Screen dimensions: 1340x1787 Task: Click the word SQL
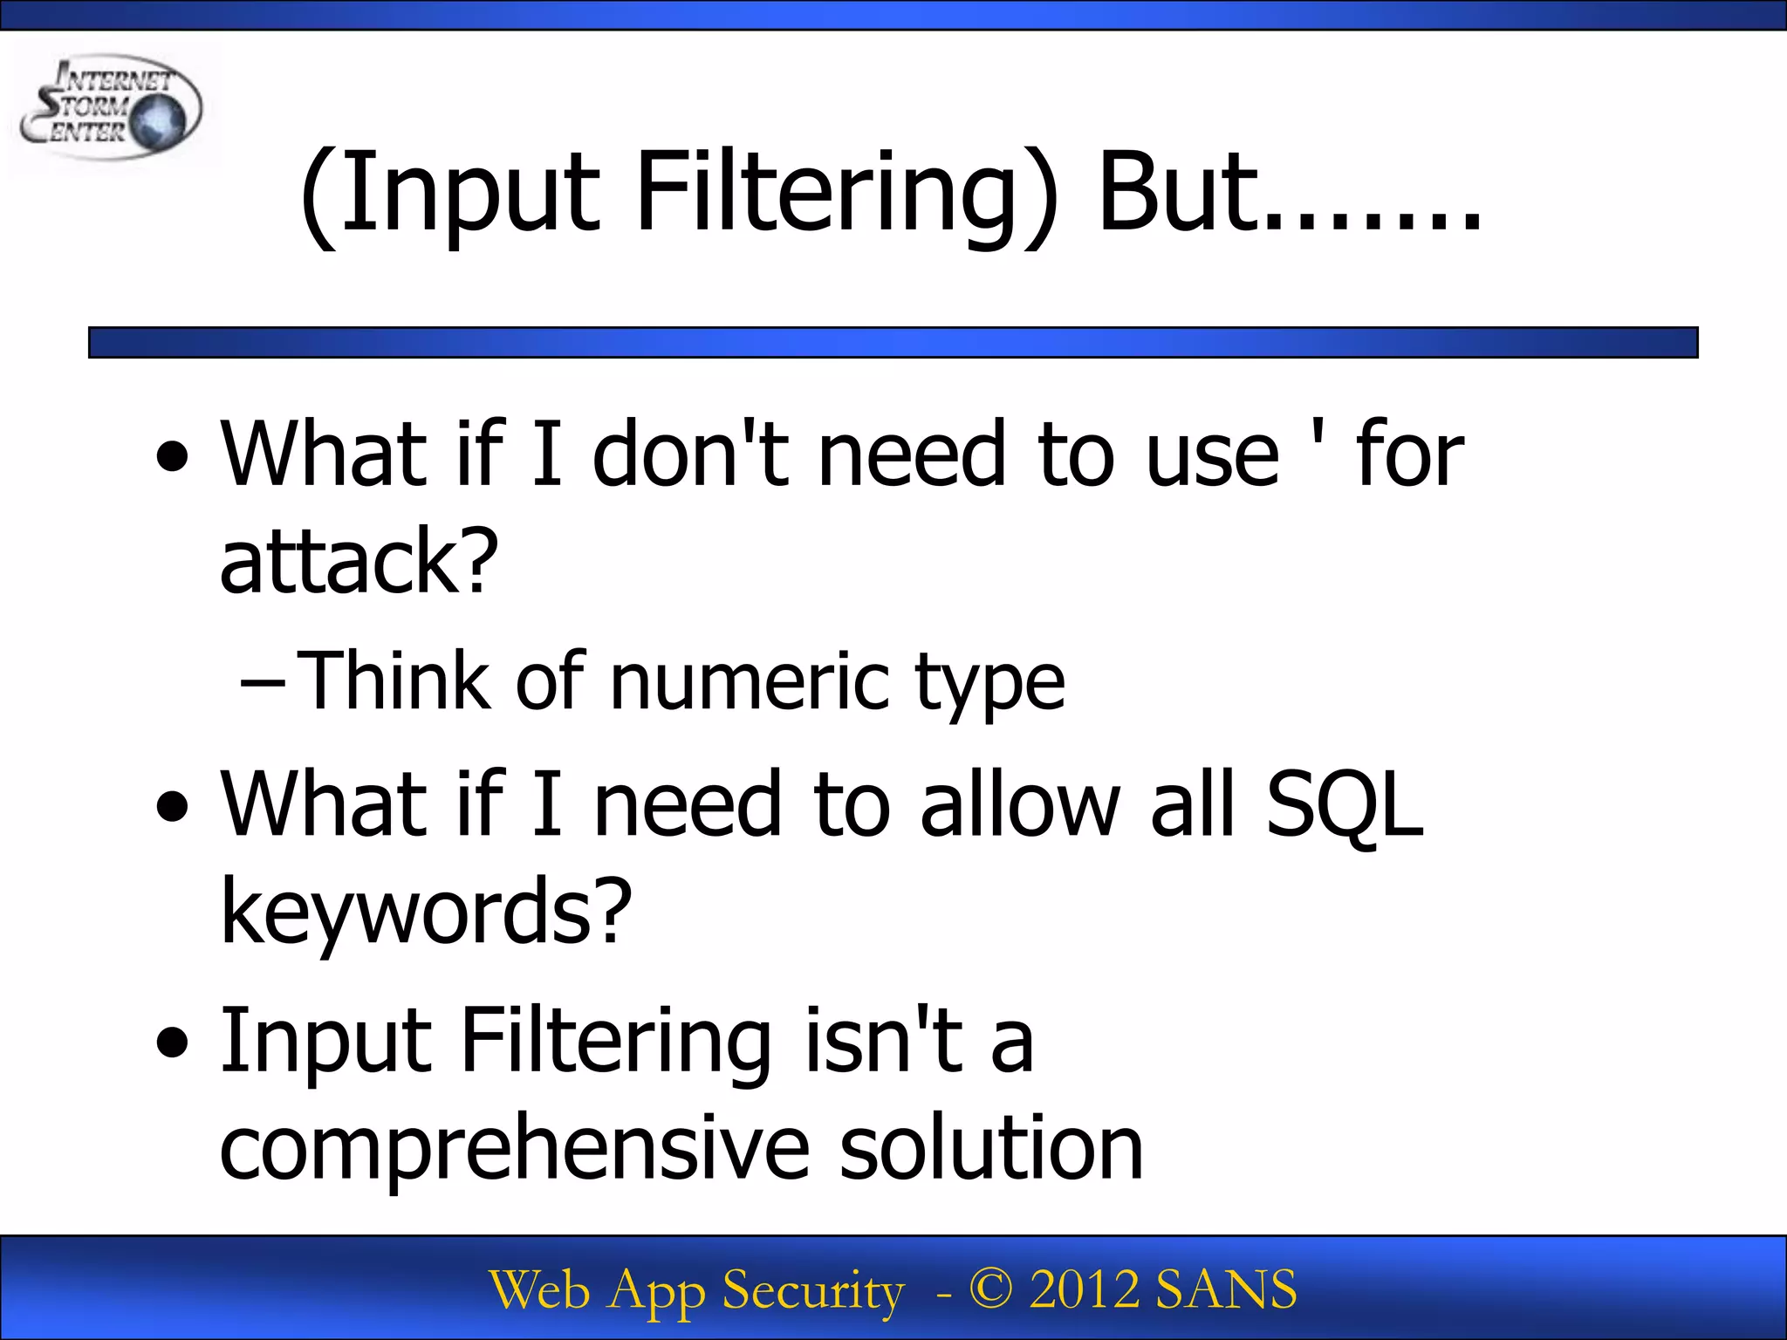pyautogui.click(x=1344, y=804)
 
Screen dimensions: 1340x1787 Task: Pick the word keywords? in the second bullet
pyautogui.click(x=426, y=911)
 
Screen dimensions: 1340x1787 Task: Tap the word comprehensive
pyautogui.click(x=515, y=1150)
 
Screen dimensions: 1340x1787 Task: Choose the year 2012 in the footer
pyautogui.click(x=1084, y=1289)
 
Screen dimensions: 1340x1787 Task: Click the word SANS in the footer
pyautogui.click(x=1226, y=1289)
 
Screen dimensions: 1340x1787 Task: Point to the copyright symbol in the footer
pyautogui.click(x=991, y=1289)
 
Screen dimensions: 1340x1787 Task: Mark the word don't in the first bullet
pyautogui.click(x=690, y=454)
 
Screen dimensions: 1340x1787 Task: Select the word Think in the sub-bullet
pyautogui.click(x=393, y=682)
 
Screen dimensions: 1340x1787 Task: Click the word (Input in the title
pyautogui.click(x=449, y=194)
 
